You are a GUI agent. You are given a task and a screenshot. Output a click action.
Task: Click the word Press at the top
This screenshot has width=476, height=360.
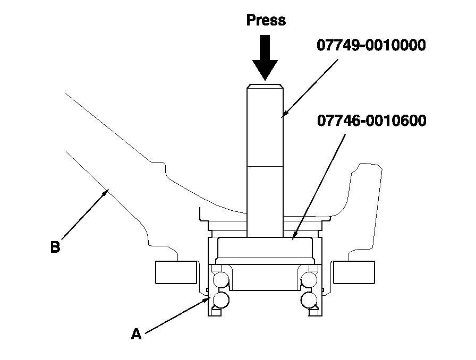pyautogui.click(x=266, y=20)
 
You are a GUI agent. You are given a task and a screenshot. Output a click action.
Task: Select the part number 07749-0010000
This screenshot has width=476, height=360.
pyautogui.click(x=371, y=46)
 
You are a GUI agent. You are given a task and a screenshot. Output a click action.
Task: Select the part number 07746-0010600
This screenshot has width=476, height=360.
pyautogui.click(x=371, y=121)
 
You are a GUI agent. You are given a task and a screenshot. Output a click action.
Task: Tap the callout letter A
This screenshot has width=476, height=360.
pyautogui.click(x=137, y=334)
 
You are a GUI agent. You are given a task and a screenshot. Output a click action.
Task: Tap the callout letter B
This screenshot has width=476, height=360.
pyautogui.click(x=55, y=247)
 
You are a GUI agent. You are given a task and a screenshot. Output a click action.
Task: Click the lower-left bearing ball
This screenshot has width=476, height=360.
pyautogui.click(x=220, y=300)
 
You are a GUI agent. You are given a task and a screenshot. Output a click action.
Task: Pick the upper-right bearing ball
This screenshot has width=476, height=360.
pyautogui.click(x=309, y=279)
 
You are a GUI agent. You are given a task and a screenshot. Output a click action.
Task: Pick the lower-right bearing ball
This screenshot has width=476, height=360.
pyautogui.click(x=309, y=300)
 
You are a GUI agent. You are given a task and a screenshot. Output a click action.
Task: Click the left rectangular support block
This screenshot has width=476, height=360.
pyautogui.click(x=176, y=272)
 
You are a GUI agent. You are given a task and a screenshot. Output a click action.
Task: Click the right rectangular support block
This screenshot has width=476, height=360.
pyautogui.click(x=354, y=272)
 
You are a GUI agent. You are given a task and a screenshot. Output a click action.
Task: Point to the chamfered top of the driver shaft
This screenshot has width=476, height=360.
pyautogui.click(x=265, y=85)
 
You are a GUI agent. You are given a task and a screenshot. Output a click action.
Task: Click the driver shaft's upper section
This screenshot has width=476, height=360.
pyautogui.click(x=265, y=125)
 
